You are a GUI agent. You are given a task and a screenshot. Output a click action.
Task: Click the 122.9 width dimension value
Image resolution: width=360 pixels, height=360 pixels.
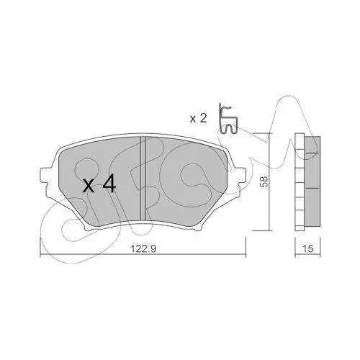coord(143,248)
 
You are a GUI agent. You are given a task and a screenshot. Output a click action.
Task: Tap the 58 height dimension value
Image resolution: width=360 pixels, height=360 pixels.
coord(264,181)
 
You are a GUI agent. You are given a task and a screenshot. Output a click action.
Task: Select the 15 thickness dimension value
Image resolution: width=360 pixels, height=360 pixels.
coord(308,248)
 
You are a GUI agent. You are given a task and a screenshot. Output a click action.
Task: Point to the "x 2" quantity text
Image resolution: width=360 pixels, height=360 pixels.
coord(198,119)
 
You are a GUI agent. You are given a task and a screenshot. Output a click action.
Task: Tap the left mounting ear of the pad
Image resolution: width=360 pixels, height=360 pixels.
coord(45,176)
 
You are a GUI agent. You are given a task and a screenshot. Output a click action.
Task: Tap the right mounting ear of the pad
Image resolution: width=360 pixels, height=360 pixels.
coord(240,176)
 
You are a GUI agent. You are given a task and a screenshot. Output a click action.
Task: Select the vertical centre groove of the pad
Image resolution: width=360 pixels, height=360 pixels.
coord(143,178)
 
